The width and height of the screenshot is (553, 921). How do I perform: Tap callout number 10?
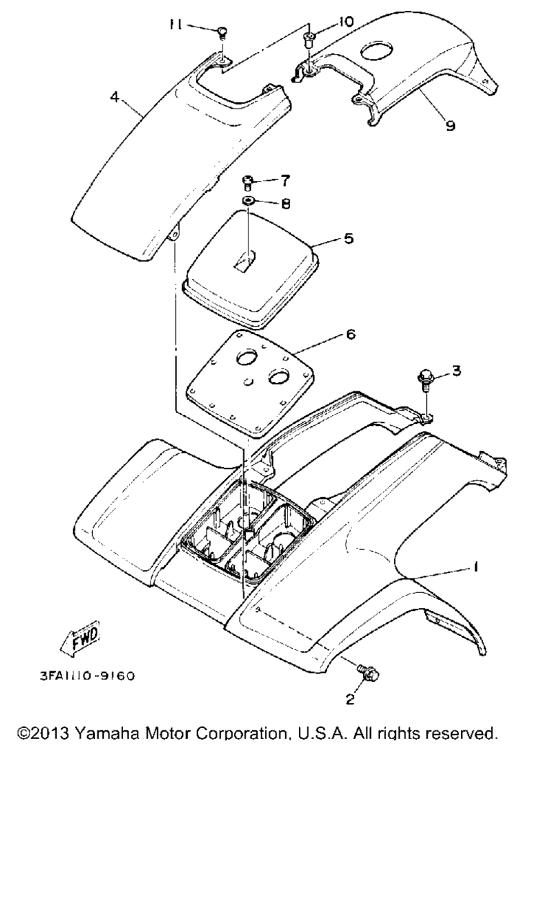coord(346,22)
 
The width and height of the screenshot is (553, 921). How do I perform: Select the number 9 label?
coord(451,125)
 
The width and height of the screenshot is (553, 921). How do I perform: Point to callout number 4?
coord(114,97)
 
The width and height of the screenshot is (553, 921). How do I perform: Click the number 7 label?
coord(286,181)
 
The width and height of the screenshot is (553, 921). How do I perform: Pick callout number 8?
coord(286,204)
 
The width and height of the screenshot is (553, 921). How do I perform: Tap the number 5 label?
coord(349,238)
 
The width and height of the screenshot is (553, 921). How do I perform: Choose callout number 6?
coord(351,335)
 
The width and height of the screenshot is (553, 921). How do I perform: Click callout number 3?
coord(457,371)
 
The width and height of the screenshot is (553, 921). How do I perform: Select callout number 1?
coord(476,568)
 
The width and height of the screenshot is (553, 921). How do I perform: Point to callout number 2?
coord(350,699)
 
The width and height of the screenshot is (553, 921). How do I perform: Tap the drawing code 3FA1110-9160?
coord(87,676)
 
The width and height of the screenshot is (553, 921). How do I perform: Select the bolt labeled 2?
coord(368,673)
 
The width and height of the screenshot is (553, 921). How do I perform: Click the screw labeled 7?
coord(247,183)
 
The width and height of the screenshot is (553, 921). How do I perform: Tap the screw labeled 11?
coord(222,33)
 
